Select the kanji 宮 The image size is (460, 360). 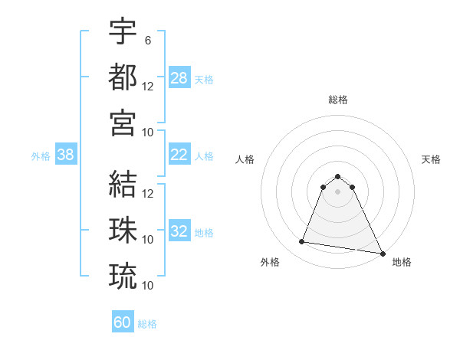[x=123, y=122]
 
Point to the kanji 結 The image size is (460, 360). [x=123, y=184]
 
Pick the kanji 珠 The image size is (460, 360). [x=123, y=229]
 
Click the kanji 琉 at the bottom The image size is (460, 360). [x=123, y=275]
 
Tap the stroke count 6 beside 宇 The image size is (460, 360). [x=148, y=41]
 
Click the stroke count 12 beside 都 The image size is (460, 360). [x=148, y=86]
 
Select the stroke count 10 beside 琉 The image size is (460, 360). [x=148, y=285]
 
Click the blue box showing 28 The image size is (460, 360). [x=179, y=78]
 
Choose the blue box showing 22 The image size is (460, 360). [x=179, y=155]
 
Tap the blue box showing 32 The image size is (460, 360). [x=179, y=231]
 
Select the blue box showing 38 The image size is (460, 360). [x=66, y=155]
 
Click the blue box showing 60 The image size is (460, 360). [x=123, y=322]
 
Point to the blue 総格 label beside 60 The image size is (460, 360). [x=148, y=324]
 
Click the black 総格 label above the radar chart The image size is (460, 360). [x=338, y=100]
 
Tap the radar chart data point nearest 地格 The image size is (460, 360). [x=383, y=253]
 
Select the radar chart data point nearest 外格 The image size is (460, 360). [x=302, y=242]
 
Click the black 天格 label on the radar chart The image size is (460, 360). [x=432, y=159]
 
